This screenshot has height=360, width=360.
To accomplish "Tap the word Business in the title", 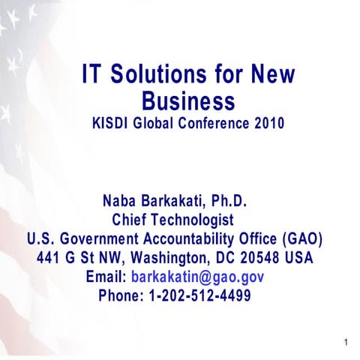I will (188, 100).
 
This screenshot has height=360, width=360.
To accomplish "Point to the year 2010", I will (268, 122).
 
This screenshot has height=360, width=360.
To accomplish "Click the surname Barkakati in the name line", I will (175, 202).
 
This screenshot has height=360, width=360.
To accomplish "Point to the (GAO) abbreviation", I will (302, 239).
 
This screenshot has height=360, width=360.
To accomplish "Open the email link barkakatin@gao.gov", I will (197, 277).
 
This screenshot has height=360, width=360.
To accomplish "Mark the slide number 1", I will (346, 344).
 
